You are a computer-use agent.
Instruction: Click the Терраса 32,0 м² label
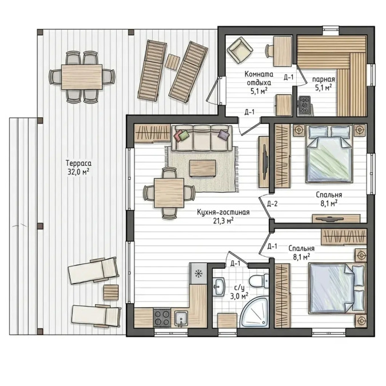(78, 168)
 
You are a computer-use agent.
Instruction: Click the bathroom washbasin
(219, 286)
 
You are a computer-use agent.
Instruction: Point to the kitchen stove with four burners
(162, 318)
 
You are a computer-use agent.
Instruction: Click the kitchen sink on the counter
(181, 319)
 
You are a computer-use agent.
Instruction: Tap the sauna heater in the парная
(305, 105)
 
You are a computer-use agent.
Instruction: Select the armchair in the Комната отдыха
(240, 50)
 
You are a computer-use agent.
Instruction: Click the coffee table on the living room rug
(202, 168)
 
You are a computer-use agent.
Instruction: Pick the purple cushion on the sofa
(224, 134)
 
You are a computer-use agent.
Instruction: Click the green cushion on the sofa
(184, 136)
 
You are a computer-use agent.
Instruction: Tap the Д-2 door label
(272, 204)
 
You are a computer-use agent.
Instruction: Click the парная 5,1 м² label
(324, 83)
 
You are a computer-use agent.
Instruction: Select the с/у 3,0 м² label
(239, 292)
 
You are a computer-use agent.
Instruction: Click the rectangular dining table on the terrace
(82, 77)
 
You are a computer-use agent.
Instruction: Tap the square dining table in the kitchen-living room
(169, 193)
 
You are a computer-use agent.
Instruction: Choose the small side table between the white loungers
(111, 292)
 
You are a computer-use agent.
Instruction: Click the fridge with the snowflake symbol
(198, 273)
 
